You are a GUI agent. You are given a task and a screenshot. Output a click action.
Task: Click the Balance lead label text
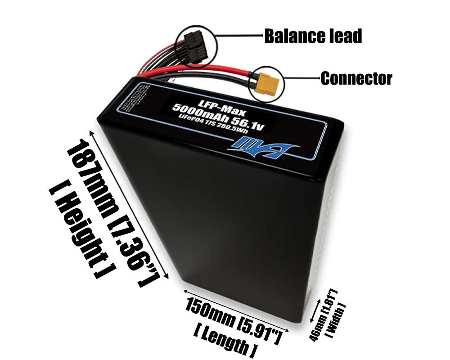[x=313, y=36]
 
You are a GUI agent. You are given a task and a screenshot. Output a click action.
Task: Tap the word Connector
[x=356, y=79]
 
